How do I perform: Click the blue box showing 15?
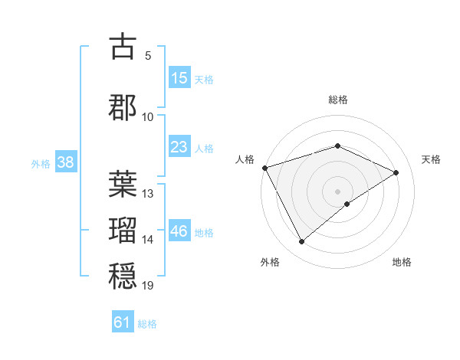[x=179, y=78]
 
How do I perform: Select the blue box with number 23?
[x=179, y=146]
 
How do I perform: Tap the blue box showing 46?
[x=179, y=231]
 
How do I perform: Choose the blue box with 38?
[x=65, y=162]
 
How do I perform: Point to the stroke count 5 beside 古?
[x=148, y=56]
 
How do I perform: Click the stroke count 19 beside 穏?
[x=148, y=286]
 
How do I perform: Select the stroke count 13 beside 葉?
[x=148, y=193]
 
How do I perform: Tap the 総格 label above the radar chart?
[x=338, y=100]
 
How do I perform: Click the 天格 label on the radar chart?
[x=431, y=159]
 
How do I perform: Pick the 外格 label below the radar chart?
[x=270, y=262]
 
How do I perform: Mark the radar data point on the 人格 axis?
[x=264, y=168]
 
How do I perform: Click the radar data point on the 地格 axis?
[x=347, y=204]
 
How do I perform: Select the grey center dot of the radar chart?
[x=337, y=191]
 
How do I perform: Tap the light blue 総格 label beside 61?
[x=147, y=324]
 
